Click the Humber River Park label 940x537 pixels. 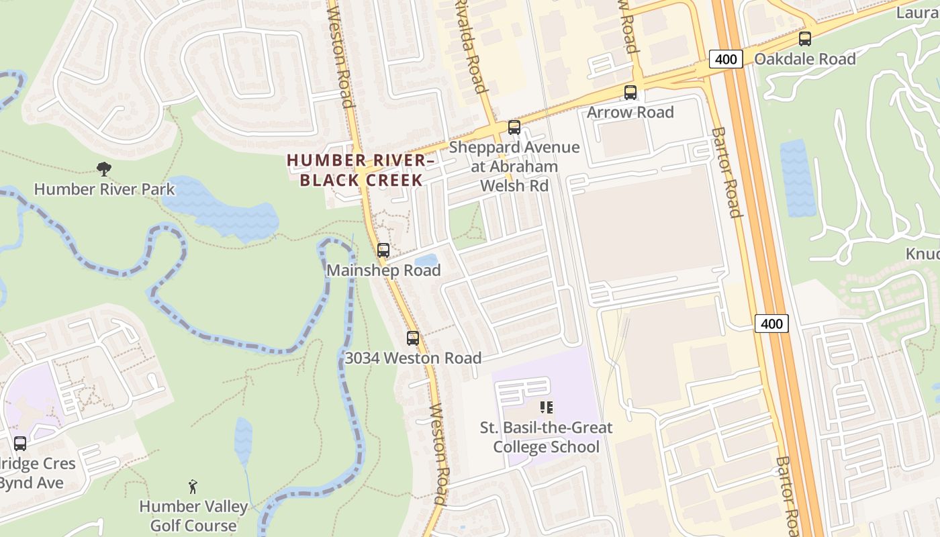tap(104, 189)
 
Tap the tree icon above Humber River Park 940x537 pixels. tap(103, 168)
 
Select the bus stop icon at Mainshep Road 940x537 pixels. tap(383, 250)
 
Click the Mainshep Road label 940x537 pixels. tap(383, 271)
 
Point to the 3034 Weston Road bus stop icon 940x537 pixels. tap(413, 338)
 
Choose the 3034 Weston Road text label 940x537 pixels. tap(413, 358)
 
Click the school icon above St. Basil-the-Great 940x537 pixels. tap(547, 407)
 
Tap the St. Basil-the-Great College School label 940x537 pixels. tap(547, 437)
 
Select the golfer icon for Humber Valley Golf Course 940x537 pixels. tap(193, 486)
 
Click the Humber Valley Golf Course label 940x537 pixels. tap(193, 516)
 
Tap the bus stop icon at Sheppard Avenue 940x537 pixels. tap(514, 127)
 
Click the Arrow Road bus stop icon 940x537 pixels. tap(630, 93)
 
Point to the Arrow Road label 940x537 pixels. tap(630, 112)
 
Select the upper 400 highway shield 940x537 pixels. tap(726, 59)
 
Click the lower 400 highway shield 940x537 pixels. tap(771, 324)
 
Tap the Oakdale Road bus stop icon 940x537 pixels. tap(805, 39)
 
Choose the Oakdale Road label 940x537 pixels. tap(805, 59)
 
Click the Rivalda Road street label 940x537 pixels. tap(469, 46)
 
